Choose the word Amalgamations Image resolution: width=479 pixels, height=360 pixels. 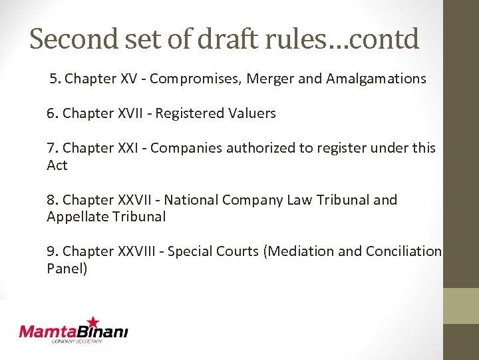point(376,79)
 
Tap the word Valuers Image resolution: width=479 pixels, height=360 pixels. point(252,113)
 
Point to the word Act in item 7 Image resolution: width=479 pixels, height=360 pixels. point(57,165)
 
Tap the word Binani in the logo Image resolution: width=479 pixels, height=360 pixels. point(102,331)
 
